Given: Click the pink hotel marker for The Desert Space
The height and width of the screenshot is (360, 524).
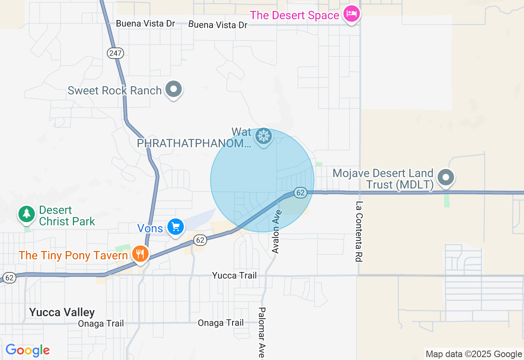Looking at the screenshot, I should click(351, 14).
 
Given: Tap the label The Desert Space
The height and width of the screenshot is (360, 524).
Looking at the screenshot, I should click(294, 16).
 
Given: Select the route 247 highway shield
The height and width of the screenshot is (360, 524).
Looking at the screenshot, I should click(115, 53).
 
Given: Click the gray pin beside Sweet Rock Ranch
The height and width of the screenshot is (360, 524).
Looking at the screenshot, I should click(174, 89).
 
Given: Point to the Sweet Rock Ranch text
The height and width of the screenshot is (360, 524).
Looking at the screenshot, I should click(115, 90).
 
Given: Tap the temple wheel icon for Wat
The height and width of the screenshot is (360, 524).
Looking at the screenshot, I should click(264, 136).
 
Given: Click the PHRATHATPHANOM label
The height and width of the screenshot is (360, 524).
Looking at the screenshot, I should click(194, 143).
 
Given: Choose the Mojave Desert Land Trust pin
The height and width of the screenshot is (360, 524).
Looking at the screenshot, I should click(446, 178).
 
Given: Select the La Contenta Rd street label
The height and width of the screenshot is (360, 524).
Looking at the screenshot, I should click(359, 232).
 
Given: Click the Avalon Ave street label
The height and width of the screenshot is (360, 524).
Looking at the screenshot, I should click(277, 232).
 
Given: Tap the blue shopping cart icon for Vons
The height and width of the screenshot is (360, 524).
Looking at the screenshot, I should click(176, 227).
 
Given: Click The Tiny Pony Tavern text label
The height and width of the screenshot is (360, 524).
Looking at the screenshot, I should click(73, 256).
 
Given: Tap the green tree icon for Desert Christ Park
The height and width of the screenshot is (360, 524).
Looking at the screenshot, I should click(27, 214).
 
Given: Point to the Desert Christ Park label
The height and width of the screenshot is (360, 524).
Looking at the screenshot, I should click(67, 216).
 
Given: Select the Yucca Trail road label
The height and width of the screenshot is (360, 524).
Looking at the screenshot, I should click(235, 275).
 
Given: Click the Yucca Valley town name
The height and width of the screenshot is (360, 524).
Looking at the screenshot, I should click(62, 313).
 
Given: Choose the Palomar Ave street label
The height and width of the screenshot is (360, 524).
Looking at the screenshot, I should click(262, 333).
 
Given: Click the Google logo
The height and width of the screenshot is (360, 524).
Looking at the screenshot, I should click(27, 351).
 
